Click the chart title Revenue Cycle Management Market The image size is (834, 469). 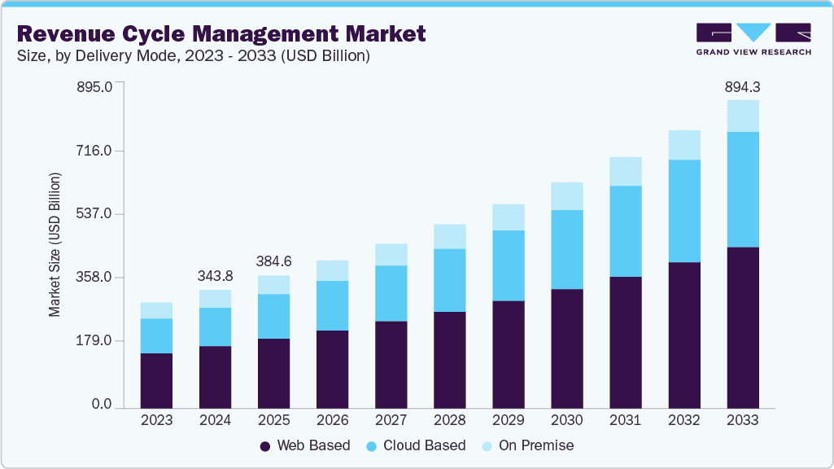click(221, 33)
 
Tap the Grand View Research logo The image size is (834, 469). click(753, 39)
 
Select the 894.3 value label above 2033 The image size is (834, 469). click(742, 87)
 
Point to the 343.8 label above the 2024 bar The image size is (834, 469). click(215, 276)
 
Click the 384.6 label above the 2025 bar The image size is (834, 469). click(273, 261)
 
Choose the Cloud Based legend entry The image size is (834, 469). click(417, 445)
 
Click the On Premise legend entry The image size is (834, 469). click(528, 445)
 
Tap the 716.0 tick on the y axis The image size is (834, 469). click(95, 151)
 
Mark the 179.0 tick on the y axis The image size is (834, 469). click(95, 340)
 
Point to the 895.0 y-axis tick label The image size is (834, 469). click(95, 86)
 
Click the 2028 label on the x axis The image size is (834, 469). click(449, 420)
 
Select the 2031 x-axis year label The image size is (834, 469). click(625, 420)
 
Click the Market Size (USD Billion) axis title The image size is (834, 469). click(55, 244)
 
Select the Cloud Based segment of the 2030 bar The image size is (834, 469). click(566, 249)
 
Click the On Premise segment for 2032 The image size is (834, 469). click(683, 145)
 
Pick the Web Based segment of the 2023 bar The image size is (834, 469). click(156, 380)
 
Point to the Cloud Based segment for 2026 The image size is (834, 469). click(332, 305)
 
